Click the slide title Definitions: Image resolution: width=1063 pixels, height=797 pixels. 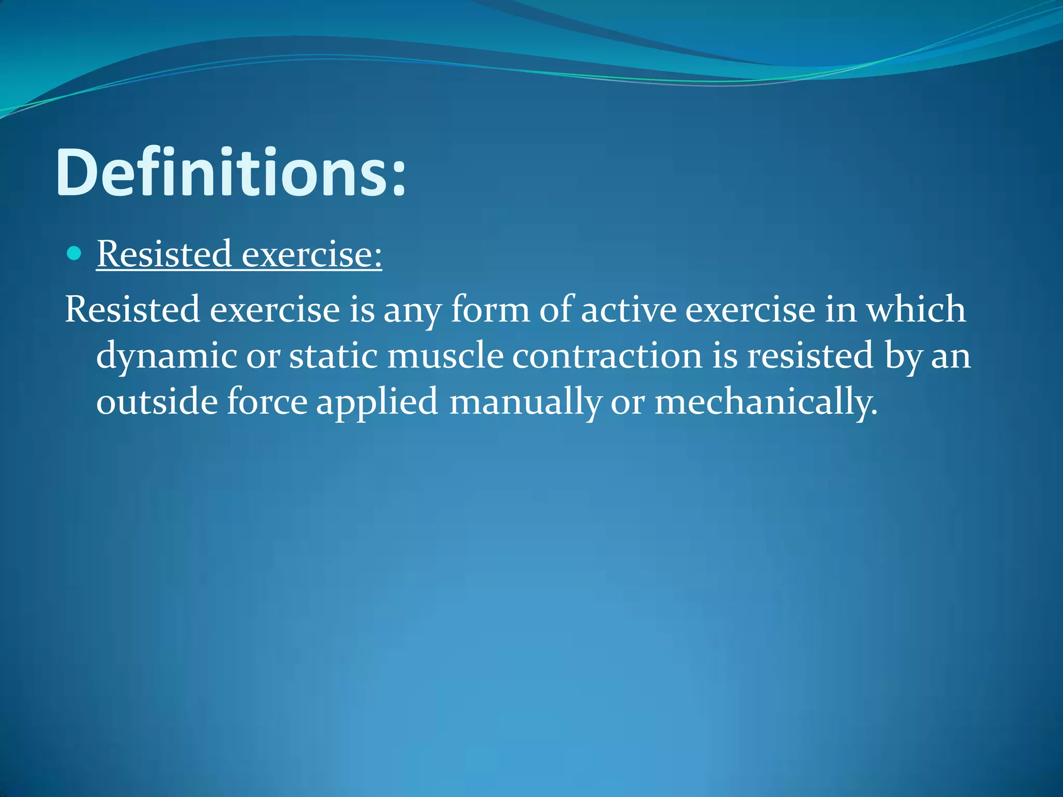pyautogui.click(x=230, y=172)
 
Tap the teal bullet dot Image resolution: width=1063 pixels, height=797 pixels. pyautogui.click(x=75, y=254)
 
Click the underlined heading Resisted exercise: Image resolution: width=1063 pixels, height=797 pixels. pyautogui.click(x=239, y=254)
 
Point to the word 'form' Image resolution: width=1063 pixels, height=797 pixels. pyautogui.click(x=490, y=310)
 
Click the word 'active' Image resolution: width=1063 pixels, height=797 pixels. pyautogui.click(x=629, y=310)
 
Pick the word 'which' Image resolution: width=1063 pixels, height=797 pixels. pyautogui.click(x=916, y=310)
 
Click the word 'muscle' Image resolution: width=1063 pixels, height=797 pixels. pyautogui.click(x=445, y=356)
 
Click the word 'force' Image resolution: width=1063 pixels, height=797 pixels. pyautogui.click(x=267, y=402)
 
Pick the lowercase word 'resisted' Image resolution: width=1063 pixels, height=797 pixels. pyautogui.click(x=810, y=356)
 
